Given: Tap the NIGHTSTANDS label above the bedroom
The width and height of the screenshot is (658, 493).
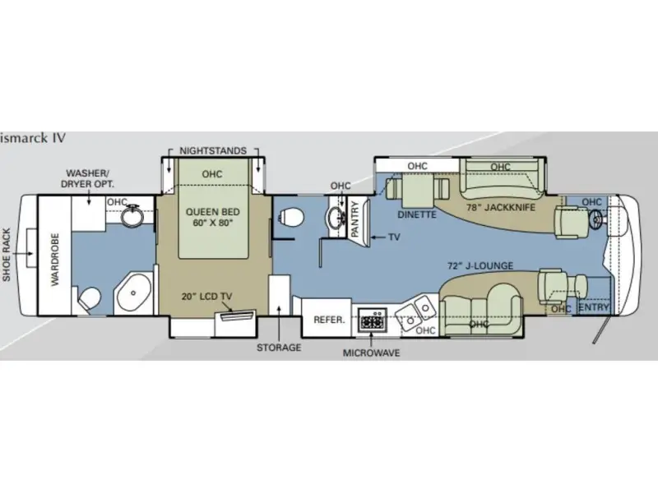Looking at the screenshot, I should pos(213,151).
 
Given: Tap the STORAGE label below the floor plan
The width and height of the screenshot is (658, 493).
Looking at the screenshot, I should pos(277,348).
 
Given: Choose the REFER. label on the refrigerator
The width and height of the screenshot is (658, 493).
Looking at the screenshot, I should pos(328,319).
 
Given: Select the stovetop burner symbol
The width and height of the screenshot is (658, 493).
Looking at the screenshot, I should pos(373,319).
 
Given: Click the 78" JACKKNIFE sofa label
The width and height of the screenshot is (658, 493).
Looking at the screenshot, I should pos(501,207).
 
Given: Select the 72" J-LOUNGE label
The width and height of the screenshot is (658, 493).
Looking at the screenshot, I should pos(480,265).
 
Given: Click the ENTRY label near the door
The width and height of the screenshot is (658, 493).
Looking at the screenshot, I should pos(595,306).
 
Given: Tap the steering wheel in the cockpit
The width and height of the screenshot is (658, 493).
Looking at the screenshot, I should pos(598,217).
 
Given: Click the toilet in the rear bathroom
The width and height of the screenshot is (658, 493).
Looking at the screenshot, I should pos(92,297).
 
